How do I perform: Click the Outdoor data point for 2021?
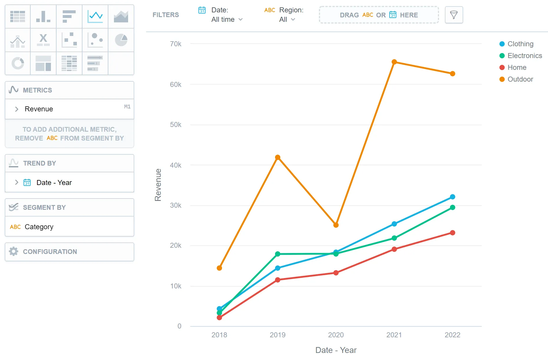click(x=394, y=62)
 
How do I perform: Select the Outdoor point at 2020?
click(x=336, y=225)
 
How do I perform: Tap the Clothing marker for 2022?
click(x=452, y=197)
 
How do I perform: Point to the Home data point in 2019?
click(x=277, y=280)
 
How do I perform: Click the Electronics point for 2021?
click(x=394, y=238)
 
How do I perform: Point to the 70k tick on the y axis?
click(x=176, y=44)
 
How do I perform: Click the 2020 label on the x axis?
click(x=336, y=335)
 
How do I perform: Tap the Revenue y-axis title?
click(x=158, y=185)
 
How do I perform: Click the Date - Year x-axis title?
click(x=336, y=350)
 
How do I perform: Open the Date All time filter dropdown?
click(x=227, y=19)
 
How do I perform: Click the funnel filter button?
click(x=454, y=15)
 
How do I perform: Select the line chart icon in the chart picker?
click(x=95, y=16)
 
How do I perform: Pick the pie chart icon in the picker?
click(x=121, y=40)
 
